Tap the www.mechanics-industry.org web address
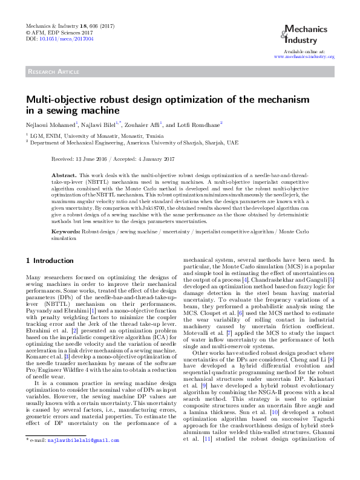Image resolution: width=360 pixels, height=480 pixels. tap(304, 56)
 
